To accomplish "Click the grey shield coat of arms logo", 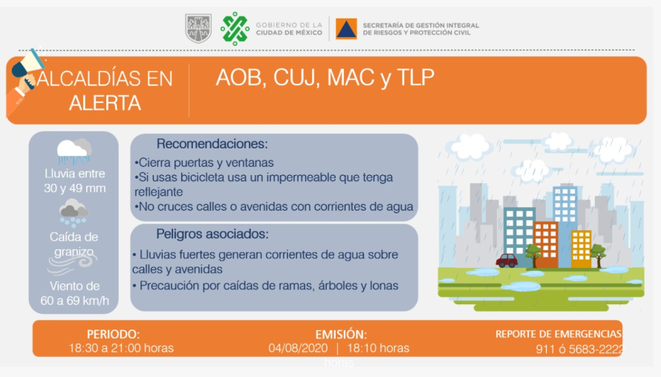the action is (198, 28).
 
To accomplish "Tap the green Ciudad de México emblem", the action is (235, 28).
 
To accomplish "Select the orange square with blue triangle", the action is (346, 29).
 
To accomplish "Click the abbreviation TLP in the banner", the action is (416, 77).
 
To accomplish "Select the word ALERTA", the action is (105, 102).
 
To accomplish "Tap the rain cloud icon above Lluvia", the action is (74, 151).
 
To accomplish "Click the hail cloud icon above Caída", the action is (74, 213).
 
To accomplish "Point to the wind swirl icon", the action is (71, 265).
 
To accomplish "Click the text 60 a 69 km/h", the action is (74, 301).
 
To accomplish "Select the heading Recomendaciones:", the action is (212, 144).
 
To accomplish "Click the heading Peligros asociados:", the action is (212, 234).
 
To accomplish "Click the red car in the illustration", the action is (507, 260).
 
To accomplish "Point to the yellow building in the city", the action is (582, 249).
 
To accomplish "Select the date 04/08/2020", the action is (298, 348).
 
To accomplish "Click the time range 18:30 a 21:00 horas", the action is (121, 348).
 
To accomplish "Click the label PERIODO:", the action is (114, 335).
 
